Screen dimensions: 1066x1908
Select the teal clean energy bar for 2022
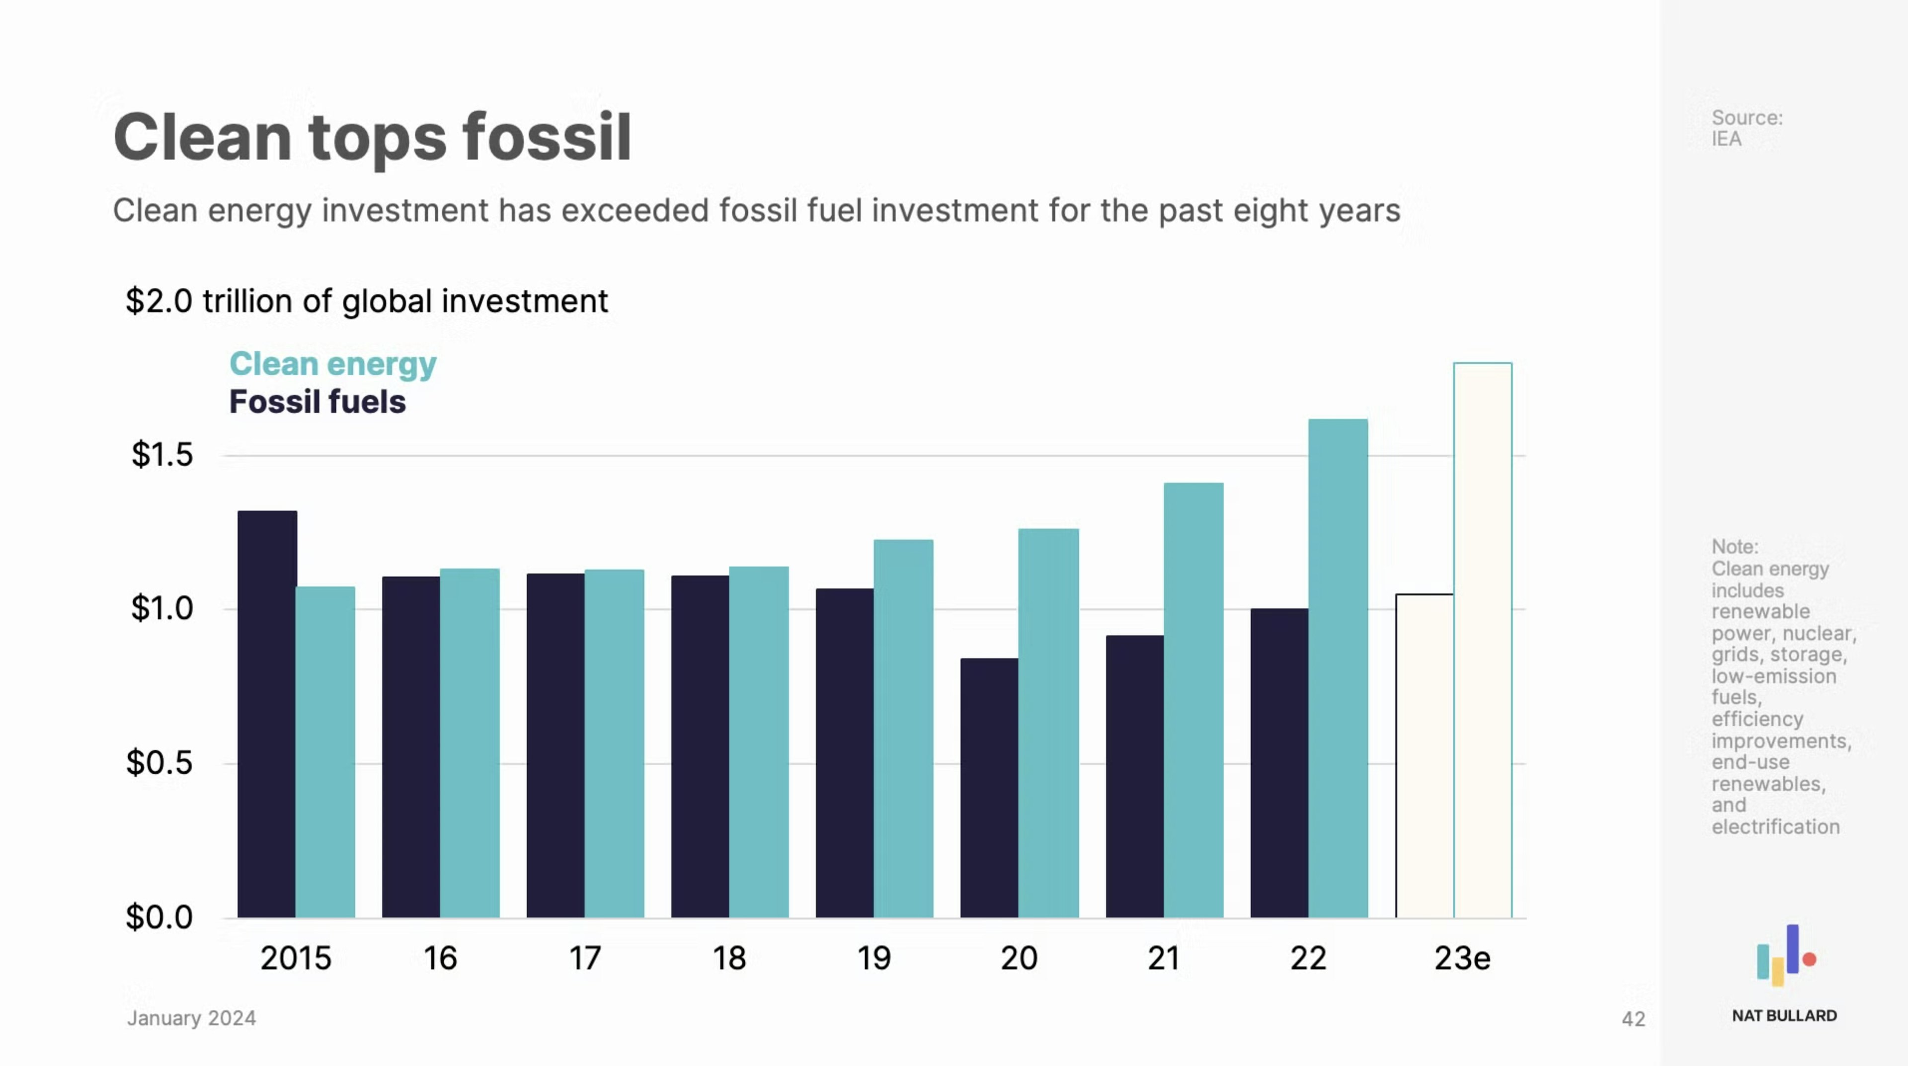point(1338,668)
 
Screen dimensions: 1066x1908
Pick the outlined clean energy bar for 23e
point(1482,640)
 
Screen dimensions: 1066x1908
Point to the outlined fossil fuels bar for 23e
point(1425,755)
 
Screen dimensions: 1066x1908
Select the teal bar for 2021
point(1193,700)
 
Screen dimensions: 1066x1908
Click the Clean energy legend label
point(332,364)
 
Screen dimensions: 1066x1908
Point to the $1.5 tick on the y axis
point(161,454)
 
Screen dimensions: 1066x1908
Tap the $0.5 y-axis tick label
point(159,762)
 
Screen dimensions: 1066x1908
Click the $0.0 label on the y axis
point(159,917)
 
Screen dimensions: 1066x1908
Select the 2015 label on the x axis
point(296,959)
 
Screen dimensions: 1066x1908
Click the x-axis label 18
point(729,959)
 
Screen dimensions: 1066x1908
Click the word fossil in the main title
point(547,137)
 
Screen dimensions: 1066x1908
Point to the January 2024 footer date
point(191,1019)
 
